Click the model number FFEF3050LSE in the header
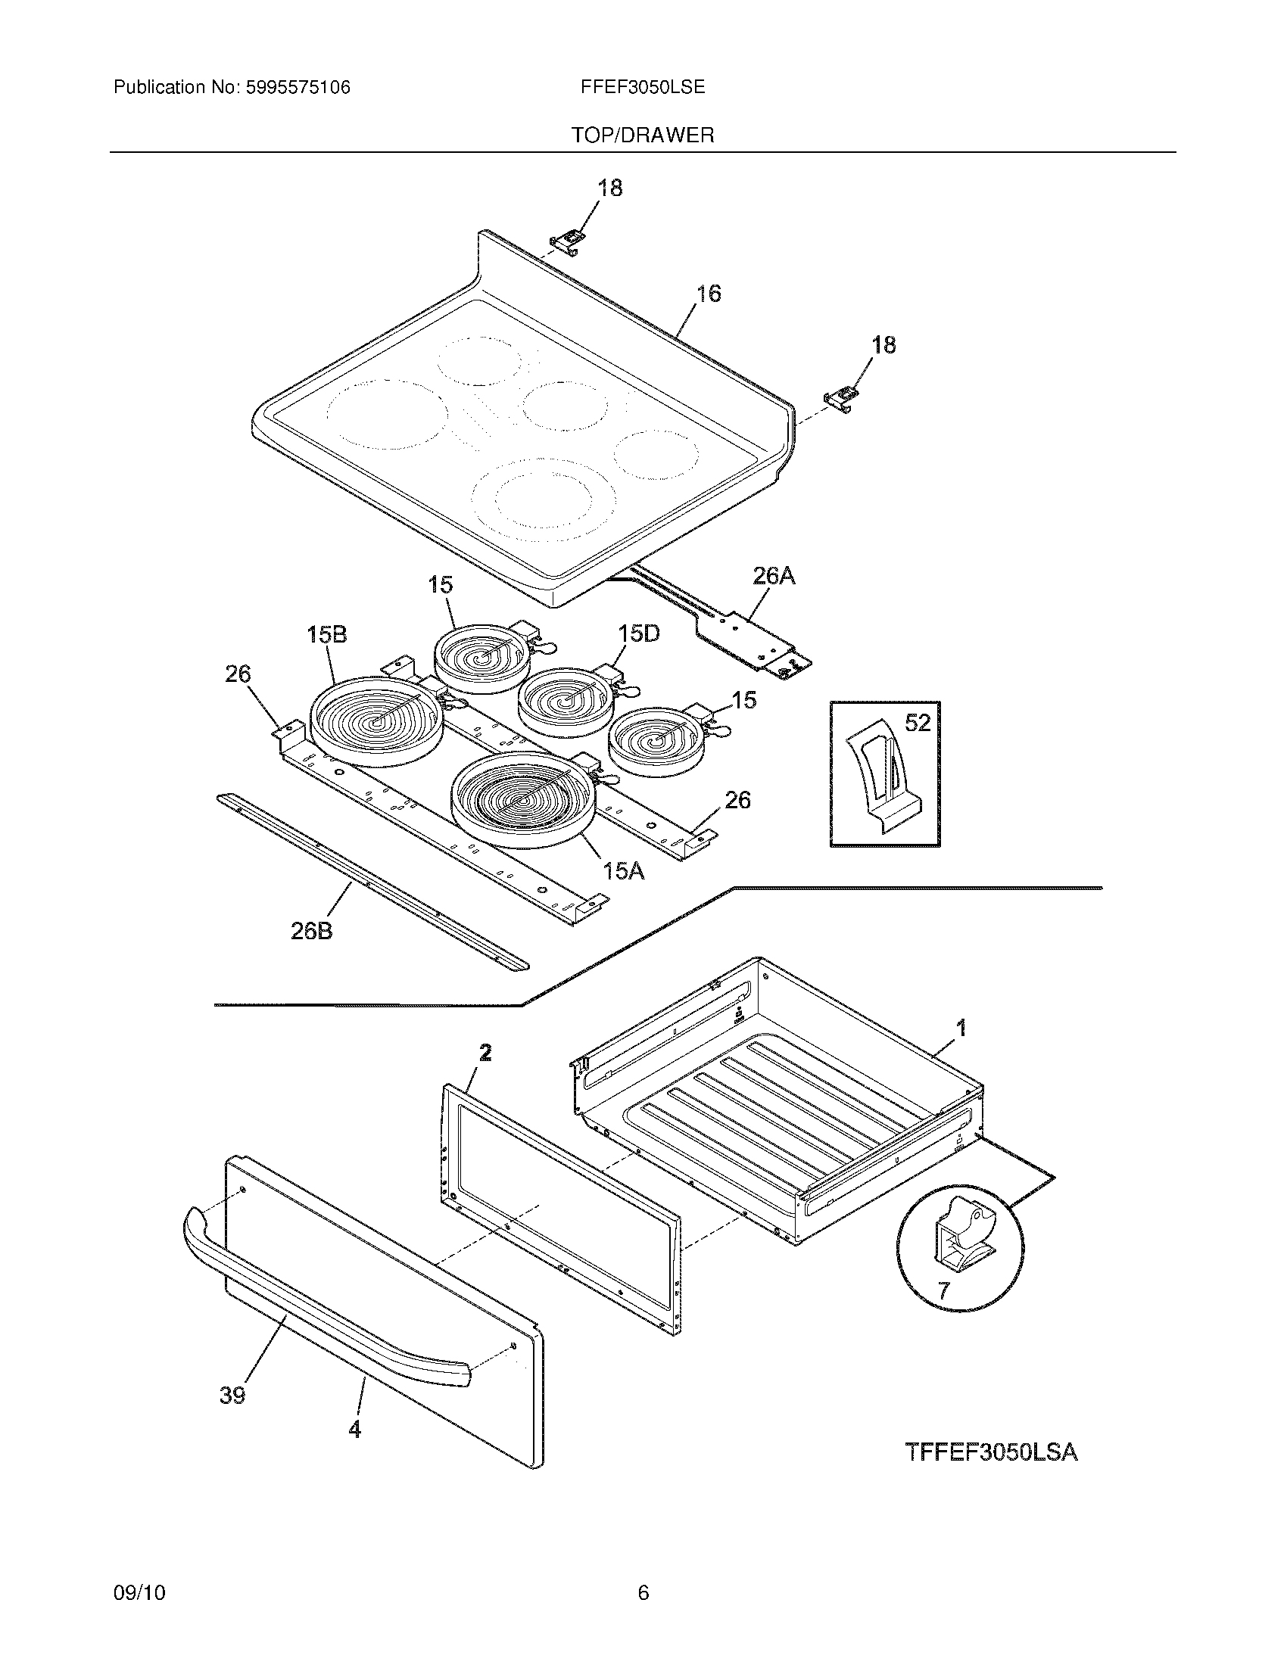point(642,88)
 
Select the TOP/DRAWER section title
point(643,135)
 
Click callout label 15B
point(326,634)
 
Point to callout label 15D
point(638,633)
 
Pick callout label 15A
point(624,871)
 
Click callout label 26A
point(773,577)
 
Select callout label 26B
point(312,931)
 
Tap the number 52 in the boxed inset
point(918,723)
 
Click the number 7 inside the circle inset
point(944,1290)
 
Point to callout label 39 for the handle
point(232,1396)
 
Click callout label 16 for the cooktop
point(709,294)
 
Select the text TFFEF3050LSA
point(991,1452)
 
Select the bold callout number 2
point(485,1053)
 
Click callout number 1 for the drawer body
point(961,1029)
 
